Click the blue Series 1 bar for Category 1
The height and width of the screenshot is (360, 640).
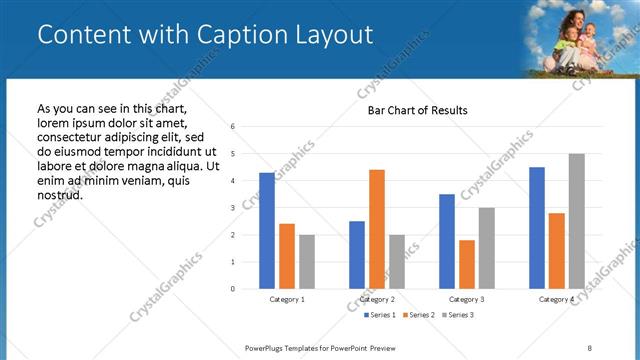[x=266, y=231]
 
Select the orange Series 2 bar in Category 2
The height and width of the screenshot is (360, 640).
[x=376, y=229]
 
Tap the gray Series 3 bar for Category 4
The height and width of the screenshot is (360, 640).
[x=576, y=221]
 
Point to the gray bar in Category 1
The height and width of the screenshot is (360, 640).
[x=306, y=262]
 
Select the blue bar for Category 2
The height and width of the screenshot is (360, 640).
[x=357, y=255]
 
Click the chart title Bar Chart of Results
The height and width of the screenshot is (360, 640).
[x=411, y=110]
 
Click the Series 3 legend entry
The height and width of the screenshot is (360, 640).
[x=459, y=315]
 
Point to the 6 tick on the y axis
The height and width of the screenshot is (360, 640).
[x=232, y=127]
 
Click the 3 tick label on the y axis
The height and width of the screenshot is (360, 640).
[x=232, y=208]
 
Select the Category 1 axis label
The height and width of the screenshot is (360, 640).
[x=287, y=299]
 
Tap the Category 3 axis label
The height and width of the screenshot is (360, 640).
[x=467, y=299]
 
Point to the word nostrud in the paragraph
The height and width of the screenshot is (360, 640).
[x=59, y=194]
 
